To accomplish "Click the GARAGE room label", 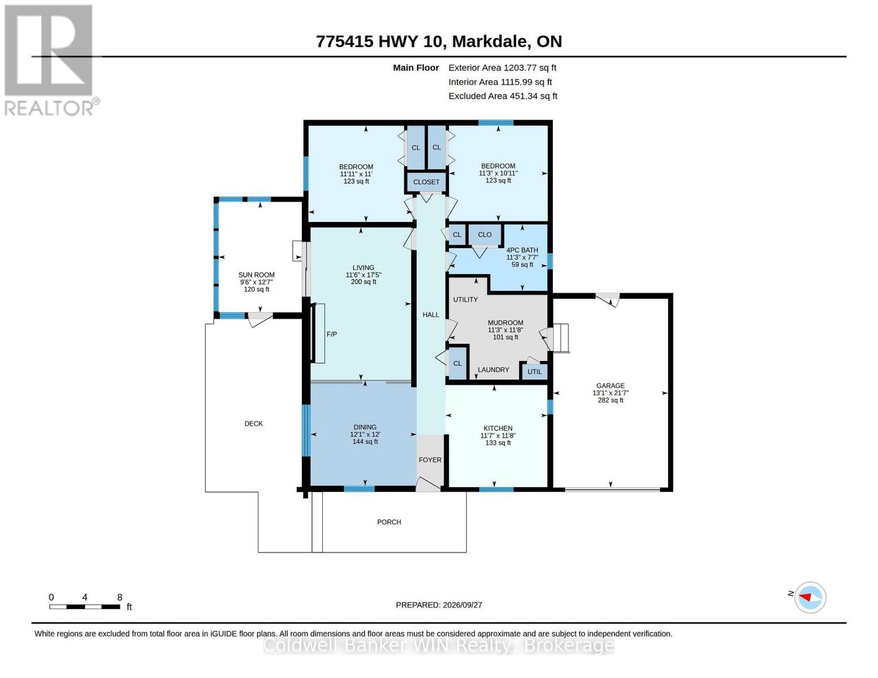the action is [x=610, y=386].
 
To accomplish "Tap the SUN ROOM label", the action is [x=256, y=275].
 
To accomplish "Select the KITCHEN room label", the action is [x=498, y=428].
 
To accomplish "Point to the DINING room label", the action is [x=365, y=427].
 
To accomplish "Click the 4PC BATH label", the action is [x=522, y=250].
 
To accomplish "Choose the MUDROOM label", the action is [x=505, y=323].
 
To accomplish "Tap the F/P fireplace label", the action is [x=332, y=334].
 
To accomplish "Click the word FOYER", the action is [x=430, y=460].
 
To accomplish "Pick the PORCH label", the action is [x=389, y=522].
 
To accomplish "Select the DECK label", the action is [x=254, y=424].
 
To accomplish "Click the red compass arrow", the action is [x=805, y=597].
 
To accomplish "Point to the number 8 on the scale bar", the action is [x=120, y=597].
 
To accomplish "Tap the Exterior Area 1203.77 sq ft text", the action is [x=502, y=68].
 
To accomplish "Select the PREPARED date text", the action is [x=439, y=605].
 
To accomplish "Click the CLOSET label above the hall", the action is [x=426, y=182].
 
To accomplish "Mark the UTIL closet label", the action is [x=535, y=372].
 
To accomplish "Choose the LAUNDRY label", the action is [x=494, y=370].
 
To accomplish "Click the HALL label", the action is [x=431, y=315].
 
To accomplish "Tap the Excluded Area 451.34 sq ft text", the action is [x=503, y=96].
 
